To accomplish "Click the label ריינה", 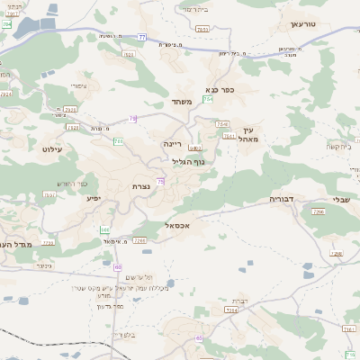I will (172, 143).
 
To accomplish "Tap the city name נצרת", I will (141, 186).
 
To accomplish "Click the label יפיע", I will (94, 197).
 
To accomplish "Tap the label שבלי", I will (341, 201).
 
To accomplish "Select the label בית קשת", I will (338, 146).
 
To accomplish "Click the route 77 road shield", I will (142, 37).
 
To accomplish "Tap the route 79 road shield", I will (133, 118).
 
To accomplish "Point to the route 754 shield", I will (208, 123).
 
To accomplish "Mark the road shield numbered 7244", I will (231, 310).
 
